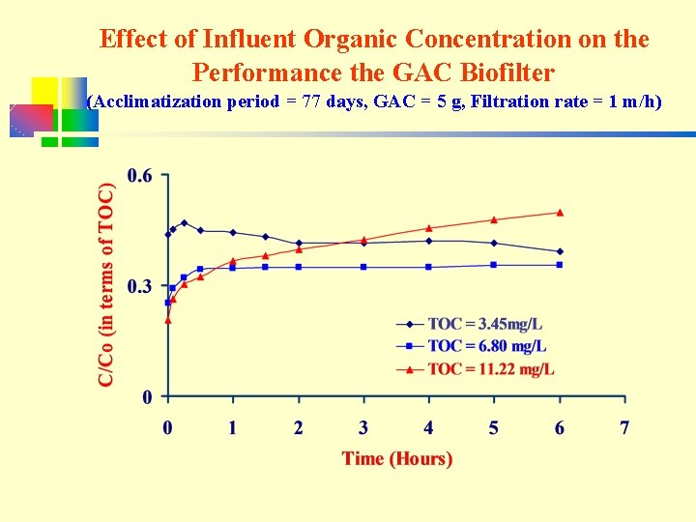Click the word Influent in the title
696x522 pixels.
pos(249,39)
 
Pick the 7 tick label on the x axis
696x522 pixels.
pos(624,427)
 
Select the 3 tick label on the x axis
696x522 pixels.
pos(363,427)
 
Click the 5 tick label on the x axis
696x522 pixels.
pos(494,427)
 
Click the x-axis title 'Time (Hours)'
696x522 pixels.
pos(396,458)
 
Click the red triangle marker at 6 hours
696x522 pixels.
pos(560,213)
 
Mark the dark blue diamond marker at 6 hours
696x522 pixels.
pos(560,251)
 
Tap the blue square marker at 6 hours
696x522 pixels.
pos(560,265)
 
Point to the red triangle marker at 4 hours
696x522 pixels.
pos(429,228)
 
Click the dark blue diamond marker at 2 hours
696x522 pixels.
pos(299,244)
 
